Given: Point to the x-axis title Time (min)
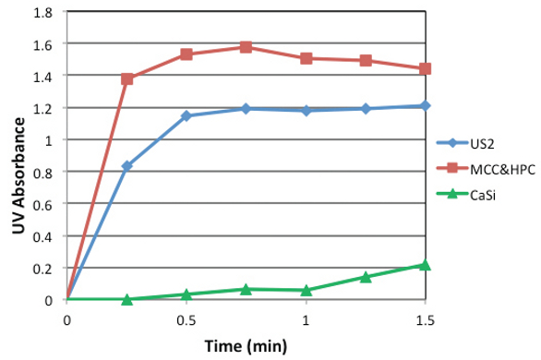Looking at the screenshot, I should tap(246, 346).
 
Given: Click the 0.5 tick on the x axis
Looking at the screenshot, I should tap(186, 318).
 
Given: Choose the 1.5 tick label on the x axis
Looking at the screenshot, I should tap(425, 318).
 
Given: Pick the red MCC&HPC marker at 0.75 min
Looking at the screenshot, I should tap(246, 47).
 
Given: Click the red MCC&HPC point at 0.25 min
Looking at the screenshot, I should tap(127, 79).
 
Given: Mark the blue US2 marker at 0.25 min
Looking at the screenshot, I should tap(127, 166).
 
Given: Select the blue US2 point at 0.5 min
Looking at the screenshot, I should tap(186, 116).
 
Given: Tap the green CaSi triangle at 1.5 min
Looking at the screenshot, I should tap(425, 265).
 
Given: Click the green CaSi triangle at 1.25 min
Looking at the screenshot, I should tap(366, 277).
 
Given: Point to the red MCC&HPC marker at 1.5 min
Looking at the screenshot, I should tap(425, 69).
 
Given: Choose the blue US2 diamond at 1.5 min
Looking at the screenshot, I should tap(425, 106).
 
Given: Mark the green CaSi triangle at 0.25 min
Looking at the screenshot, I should tap(127, 299).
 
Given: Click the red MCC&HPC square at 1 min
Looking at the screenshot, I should tap(306, 58).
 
